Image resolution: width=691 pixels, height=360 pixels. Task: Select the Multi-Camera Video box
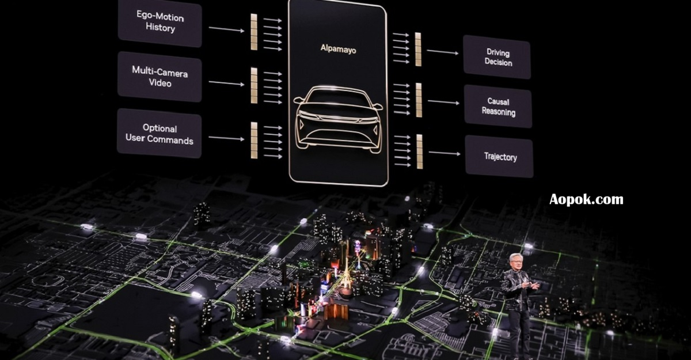click(160, 77)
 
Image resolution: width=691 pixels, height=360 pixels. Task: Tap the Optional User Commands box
click(160, 134)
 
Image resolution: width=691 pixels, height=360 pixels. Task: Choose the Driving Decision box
click(498, 57)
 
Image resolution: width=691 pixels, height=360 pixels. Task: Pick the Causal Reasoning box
click(498, 107)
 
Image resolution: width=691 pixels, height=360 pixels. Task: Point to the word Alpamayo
click(338, 50)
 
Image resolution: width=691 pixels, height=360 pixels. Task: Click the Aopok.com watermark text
click(586, 199)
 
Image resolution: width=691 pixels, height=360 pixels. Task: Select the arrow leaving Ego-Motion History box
click(226, 29)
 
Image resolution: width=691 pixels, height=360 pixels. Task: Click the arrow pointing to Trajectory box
click(444, 153)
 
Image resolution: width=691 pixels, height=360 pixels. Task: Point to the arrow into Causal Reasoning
click(443, 103)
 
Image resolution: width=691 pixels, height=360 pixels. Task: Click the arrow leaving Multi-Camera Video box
click(226, 83)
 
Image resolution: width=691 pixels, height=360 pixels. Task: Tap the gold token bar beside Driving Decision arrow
click(418, 49)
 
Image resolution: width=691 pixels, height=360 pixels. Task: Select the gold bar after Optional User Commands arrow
click(254, 140)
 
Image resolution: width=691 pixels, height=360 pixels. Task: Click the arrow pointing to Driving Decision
click(442, 52)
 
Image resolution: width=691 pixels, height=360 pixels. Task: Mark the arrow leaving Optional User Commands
click(226, 138)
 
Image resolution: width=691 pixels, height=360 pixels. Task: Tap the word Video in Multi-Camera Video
click(160, 84)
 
